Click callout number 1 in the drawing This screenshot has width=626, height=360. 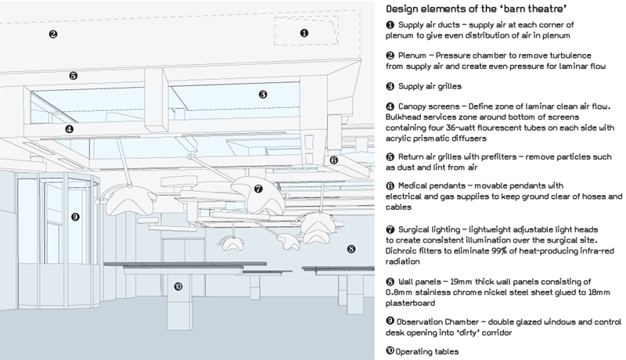pyautogui.click(x=304, y=33)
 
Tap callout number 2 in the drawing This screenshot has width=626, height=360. pyautogui.click(x=53, y=34)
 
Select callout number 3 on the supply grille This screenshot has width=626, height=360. pyautogui.click(x=263, y=94)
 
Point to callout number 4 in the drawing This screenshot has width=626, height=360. pyautogui.click(x=69, y=129)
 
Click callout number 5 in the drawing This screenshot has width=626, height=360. pyautogui.click(x=73, y=76)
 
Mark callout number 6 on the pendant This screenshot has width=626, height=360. pyautogui.click(x=333, y=160)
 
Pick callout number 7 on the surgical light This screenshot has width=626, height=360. pyautogui.click(x=257, y=189)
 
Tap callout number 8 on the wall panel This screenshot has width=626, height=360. pyautogui.click(x=351, y=249)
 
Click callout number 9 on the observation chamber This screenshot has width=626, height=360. pyautogui.click(x=75, y=217)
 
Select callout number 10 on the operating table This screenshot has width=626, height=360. pyautogui.click(x=178, y=287)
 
